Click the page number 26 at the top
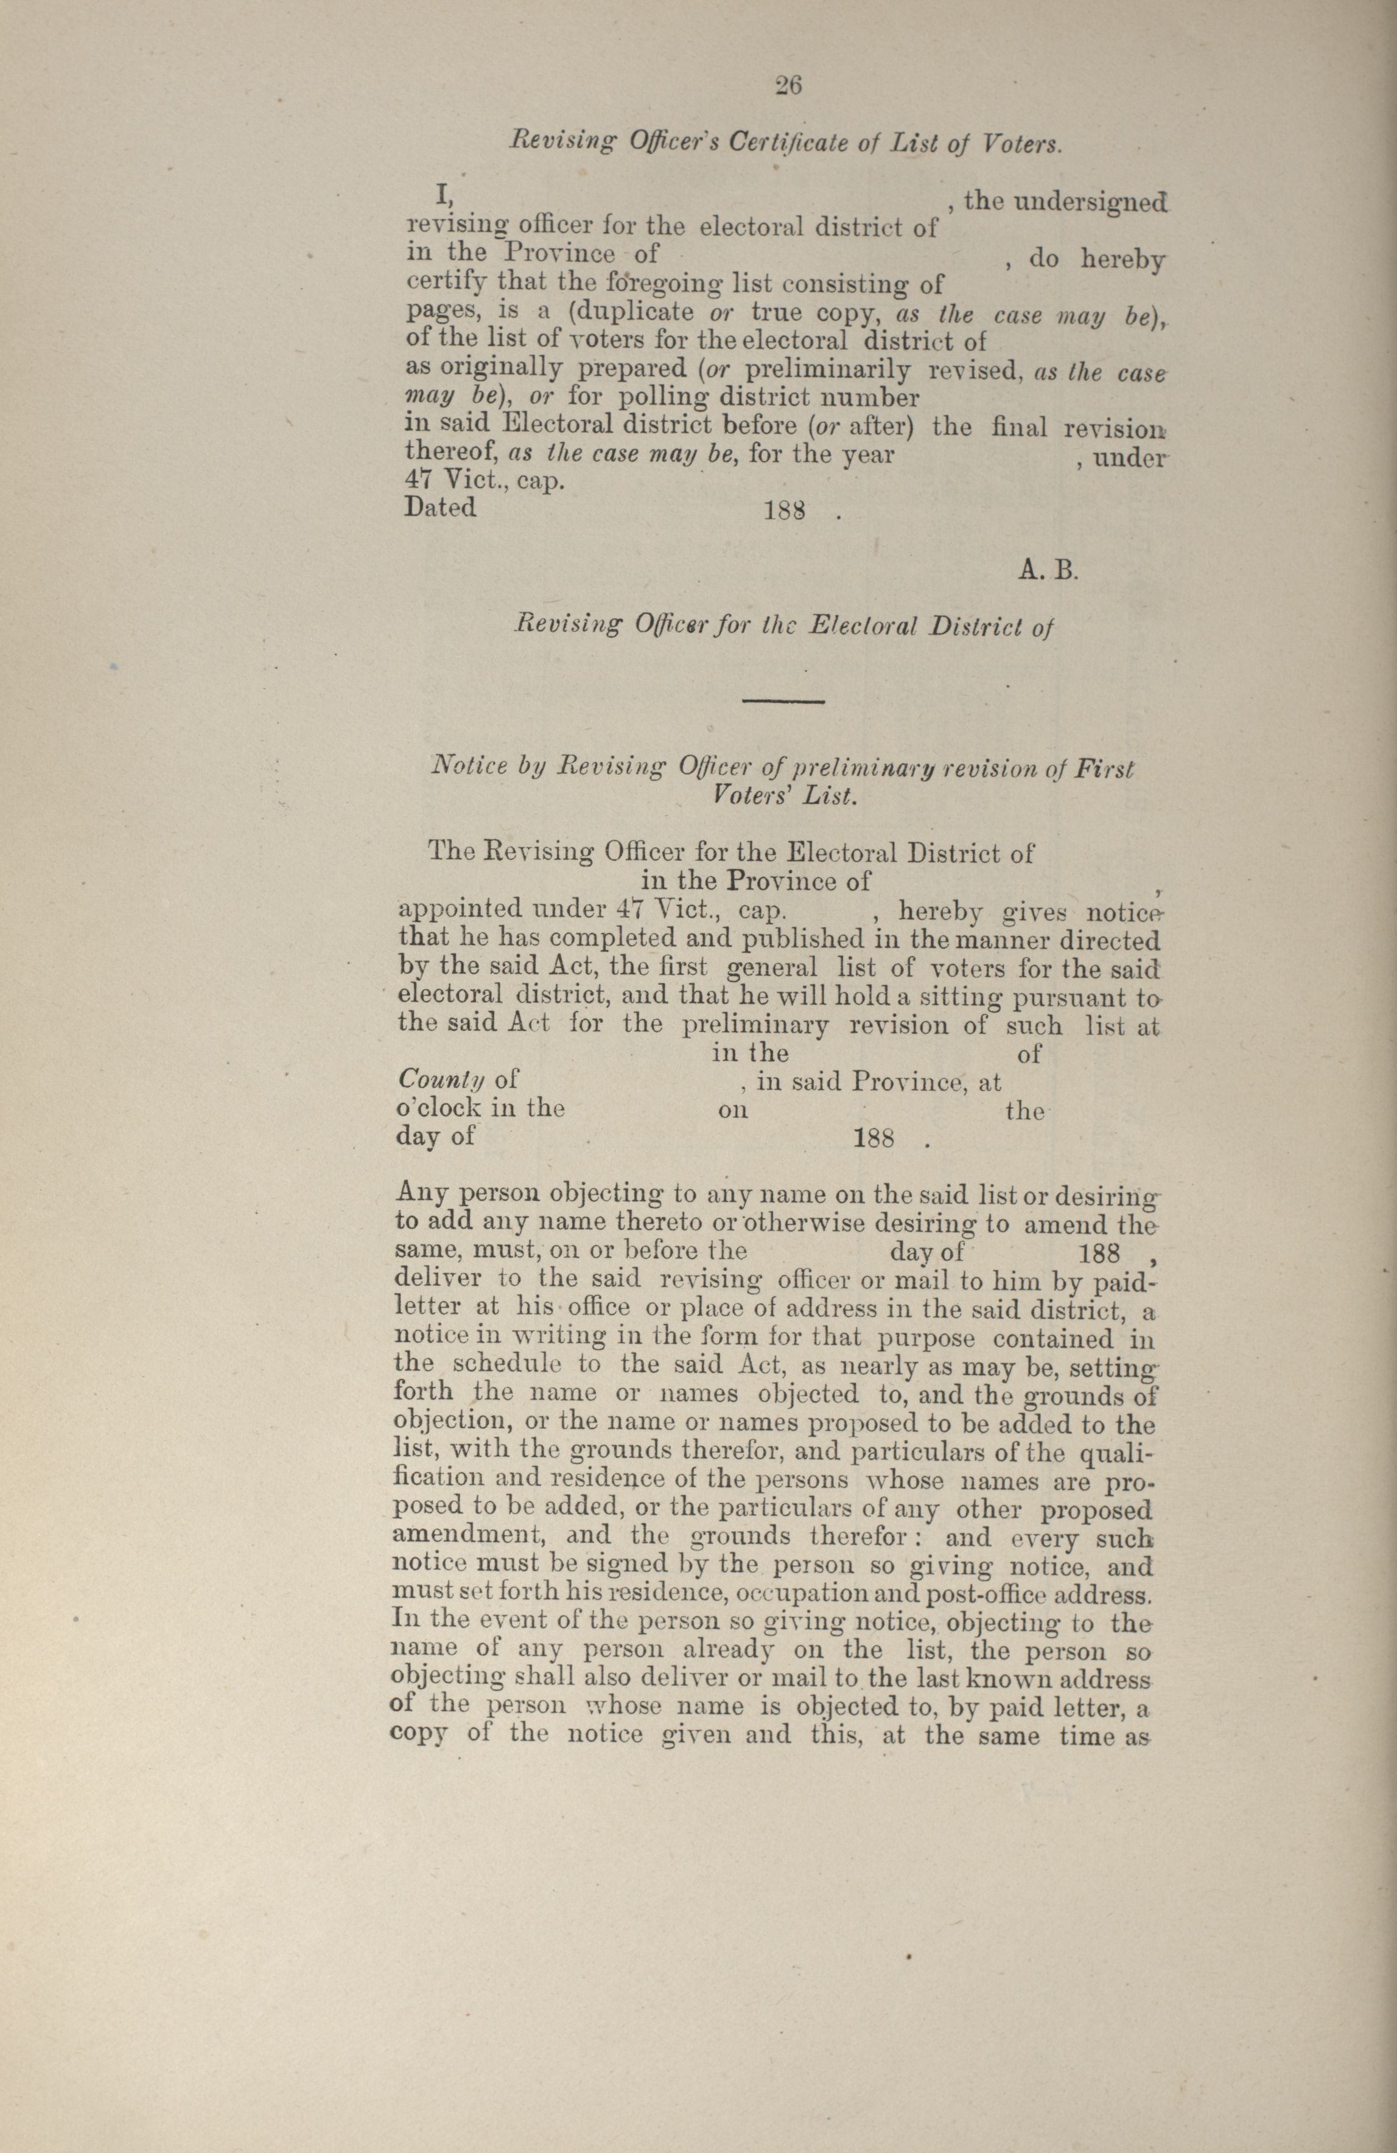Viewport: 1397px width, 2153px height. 788,85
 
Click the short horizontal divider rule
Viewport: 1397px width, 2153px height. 783,702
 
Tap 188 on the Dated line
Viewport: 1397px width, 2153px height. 785,511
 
